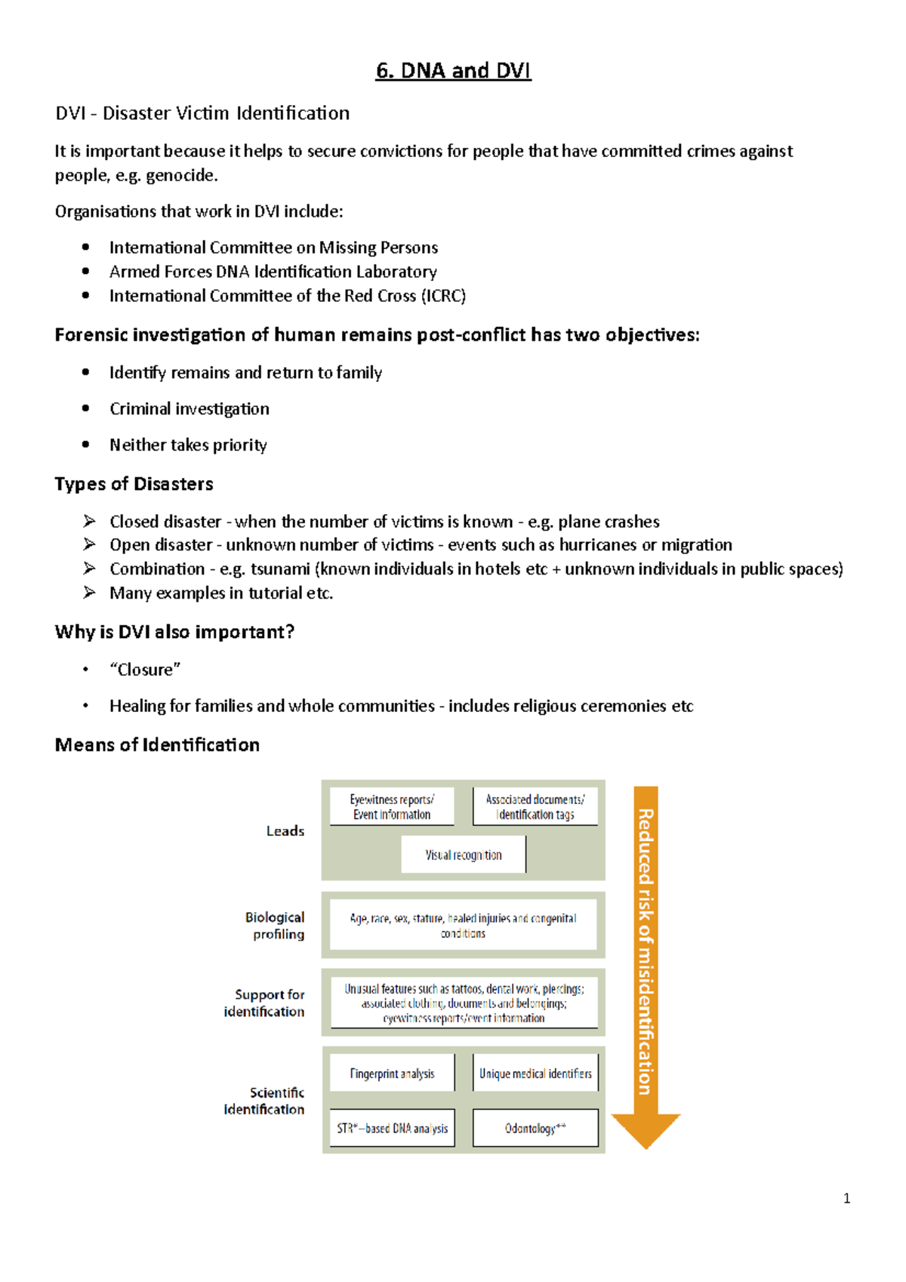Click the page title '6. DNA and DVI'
click(x=453, y=71)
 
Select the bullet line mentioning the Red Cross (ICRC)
click(x=287, y=296)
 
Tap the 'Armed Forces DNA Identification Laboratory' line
click(x=273, y=272)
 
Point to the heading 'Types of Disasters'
click(x=134, y=484)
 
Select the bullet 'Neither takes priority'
click(x=188, y=445)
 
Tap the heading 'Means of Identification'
click(x=157, y=745)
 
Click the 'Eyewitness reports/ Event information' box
click(x=392, y=807)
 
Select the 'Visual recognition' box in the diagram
click(x=463, y=855)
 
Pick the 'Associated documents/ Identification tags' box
click(x=535, y=807)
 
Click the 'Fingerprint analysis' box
click(x=392, y=1074)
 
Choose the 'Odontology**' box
click(x=535, y=1128)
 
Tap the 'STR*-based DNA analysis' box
click(x=392, y=1128)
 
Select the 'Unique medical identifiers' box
click(x=535, y=1074)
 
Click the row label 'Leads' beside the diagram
click(x=285, y=831)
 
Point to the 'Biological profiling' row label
click(x=276, y=926)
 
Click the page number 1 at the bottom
click(x=846, y=1198)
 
